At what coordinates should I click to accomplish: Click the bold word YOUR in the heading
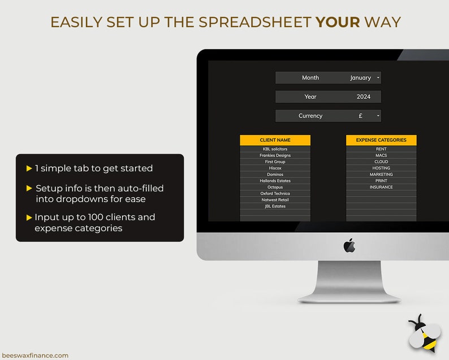tap(338, 22)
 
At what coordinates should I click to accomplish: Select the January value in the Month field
tap(360, 78)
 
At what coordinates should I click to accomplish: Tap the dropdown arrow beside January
tap(378, 78)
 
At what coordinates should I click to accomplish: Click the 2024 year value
tap(364, 97)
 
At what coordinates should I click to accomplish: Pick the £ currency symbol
tap(360, 116)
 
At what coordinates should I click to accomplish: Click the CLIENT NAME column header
tap(275, 140)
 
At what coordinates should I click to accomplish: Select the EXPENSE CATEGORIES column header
tap(381, 140)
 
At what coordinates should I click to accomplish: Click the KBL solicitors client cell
tap(275, 149)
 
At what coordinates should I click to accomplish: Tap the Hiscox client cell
tap(275, 168)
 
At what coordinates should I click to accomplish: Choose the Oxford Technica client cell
tap(275, 193)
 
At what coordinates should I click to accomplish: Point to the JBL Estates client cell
tap(275, 206)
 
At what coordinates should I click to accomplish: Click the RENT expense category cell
tap(381, 149)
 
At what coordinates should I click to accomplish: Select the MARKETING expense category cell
tap(381, 175)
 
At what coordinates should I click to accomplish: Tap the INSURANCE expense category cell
tap(381, 187)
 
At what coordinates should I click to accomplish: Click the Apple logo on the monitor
tap(349, 246)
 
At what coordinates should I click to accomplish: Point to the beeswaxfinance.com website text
tap(35, 355)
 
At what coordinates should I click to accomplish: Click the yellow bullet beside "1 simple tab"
tap(29, 168)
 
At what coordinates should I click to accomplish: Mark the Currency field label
tap(310, 116)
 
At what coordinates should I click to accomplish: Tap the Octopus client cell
tap(275, 187)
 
